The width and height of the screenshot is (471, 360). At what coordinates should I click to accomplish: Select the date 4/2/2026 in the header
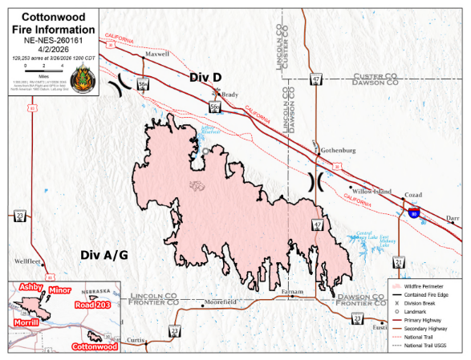tap(50, 49)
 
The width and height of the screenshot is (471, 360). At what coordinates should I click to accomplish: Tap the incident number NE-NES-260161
tap(50, 39)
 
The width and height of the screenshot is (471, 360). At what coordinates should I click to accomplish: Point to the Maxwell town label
tap(158, 55)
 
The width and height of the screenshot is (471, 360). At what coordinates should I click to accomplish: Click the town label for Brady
tap(231, 94)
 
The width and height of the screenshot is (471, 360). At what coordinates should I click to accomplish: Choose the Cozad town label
tap(414, 196)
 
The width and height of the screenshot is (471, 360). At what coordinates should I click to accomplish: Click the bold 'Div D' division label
tap(205, 77)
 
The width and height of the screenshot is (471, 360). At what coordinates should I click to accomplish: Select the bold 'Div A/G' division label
tap(104, 255)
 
